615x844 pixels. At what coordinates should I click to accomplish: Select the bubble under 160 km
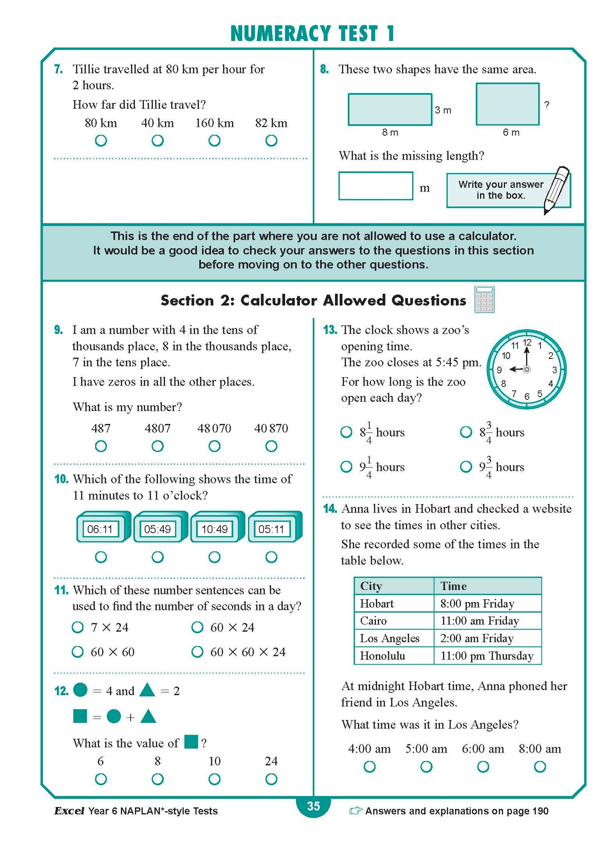tap(215, 141)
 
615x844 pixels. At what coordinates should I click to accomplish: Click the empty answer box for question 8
tap(375, 186)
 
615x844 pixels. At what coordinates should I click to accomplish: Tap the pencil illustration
tap(557, 189)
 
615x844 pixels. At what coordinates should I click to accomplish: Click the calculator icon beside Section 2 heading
tap(484, 299)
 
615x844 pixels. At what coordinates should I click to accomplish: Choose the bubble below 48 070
tap(215, 446)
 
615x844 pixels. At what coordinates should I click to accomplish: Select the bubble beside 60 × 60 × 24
tap(197, 652)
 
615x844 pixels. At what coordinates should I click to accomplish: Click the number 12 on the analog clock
tap(527, 343)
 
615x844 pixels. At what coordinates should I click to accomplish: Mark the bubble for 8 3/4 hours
tap(466, 432)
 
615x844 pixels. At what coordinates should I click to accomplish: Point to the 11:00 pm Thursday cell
tap(487, 656)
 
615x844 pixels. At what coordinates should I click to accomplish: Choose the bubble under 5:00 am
tap(426, 767)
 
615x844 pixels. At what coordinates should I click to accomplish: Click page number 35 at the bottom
tap(313, 806)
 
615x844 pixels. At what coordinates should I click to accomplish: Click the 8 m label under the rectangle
tap(390, 132)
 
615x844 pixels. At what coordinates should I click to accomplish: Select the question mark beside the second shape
tap(547, 105)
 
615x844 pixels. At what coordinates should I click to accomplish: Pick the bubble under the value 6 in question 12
tap(101, 779)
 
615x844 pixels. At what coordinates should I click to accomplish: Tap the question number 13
tap(330, 330)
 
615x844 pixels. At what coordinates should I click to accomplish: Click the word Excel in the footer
tap(69, 811)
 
